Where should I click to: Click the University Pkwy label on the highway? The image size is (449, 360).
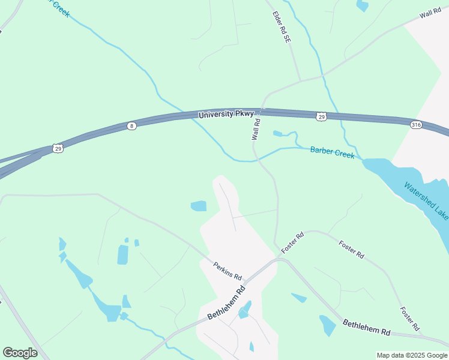[226, 113]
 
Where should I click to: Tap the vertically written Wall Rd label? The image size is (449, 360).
[256, 129]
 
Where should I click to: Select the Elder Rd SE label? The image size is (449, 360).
[281, 26]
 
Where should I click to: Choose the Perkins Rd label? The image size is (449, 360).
[228, 271]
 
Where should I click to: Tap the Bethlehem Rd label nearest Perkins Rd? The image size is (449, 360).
[227, 302]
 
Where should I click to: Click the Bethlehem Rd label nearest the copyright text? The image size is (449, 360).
[366, 328]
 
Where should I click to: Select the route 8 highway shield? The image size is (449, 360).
[131, 125]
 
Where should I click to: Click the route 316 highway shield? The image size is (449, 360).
[416, 124]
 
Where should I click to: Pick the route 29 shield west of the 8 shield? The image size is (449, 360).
[58, 148]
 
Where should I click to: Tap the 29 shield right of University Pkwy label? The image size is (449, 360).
[322, 116]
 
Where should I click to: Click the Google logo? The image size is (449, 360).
[20, 352]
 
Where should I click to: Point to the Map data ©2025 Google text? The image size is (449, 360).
[411, 355]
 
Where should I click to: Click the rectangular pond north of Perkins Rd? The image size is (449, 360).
[199, 206]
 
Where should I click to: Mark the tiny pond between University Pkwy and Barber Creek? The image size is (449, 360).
[277, 134]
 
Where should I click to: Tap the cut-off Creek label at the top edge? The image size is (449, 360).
[60, 8]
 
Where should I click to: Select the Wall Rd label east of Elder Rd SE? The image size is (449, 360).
[430, 14]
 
